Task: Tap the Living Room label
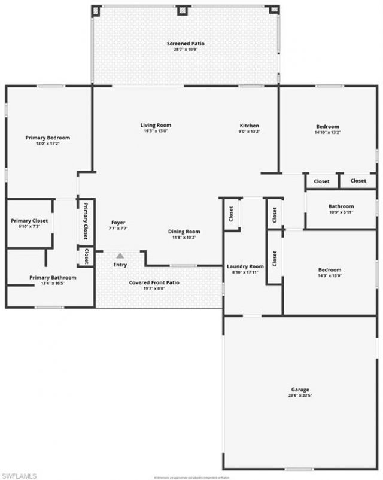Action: [x=156, y=126]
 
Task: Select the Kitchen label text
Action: [x=250, y=126]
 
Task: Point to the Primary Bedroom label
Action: [x=48, y=138]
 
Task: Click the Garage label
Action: [x=300, y=390]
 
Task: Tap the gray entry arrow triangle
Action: [x=120, y=256]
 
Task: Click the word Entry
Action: [x=120, y=265]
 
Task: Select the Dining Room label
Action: [x=184, y=232]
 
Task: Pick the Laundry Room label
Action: [x=245, y=266]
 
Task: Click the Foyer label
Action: [x=118, y=222]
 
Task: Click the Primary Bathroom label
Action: [x=53, y=278]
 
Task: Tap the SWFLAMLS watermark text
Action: [x=19, y=476]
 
